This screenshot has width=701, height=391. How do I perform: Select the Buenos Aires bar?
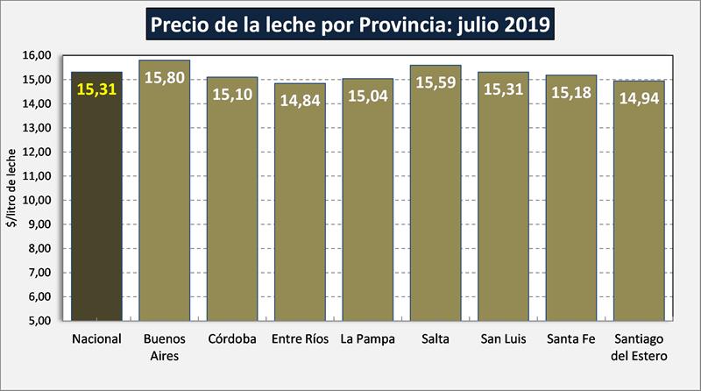coord(165,202)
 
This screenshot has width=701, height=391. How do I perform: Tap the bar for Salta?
coord(435,202)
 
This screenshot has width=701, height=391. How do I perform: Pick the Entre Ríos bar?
coord(300,210)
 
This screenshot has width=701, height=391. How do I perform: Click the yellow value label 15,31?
coord(96,89)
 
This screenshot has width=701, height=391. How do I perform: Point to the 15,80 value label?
coord(165,77)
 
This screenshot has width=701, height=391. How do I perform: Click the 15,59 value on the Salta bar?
coord(435,82)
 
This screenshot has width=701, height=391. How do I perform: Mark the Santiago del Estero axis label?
coord(639,347)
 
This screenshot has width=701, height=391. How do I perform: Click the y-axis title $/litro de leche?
coord(12,188)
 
